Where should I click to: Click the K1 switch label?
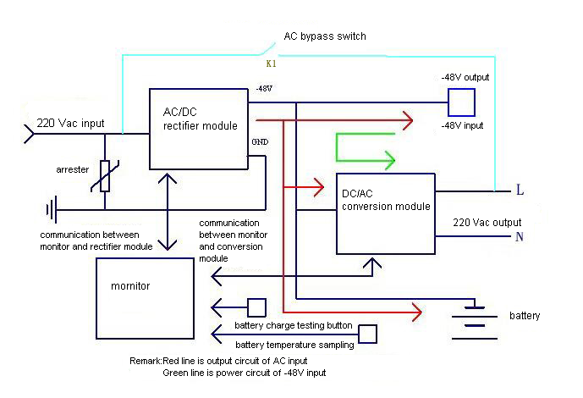[271, 64]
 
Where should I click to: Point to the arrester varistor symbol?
[105, 176]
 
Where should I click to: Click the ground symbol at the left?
[52, 210]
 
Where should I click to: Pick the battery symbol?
[475, 323]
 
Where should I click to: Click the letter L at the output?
[520, 190]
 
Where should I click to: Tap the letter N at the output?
[520, 236]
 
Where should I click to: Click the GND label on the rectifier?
[260, 141]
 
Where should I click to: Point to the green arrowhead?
[390, 160]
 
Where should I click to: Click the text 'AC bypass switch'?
[325, 36]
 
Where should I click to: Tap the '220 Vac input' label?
[70, 123]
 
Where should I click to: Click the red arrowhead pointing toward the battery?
[417, 312]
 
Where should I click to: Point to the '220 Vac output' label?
[487, 223]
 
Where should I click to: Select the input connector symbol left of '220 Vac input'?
[30, 134]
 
